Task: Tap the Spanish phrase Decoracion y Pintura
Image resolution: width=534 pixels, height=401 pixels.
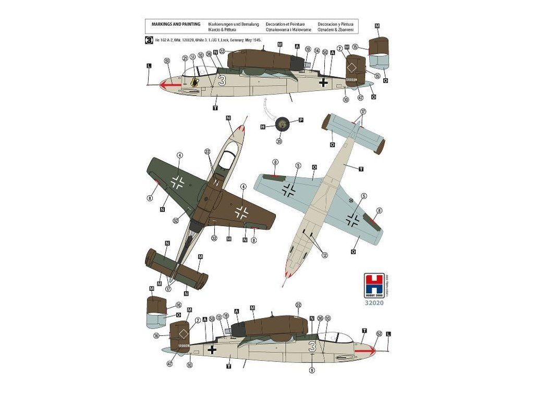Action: [x=335, y=25]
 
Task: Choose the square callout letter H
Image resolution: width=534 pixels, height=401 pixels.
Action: [x=263, y=126]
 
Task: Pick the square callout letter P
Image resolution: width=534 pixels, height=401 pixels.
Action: [x=301, y=120]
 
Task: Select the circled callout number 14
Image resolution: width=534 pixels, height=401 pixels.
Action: [x=317, y=51]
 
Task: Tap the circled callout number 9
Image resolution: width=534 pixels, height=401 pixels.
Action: [x=312, y=370]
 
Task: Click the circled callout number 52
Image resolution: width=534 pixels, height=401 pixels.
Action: [x=379, y=333]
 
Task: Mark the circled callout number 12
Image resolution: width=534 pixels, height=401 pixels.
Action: [x=325, y=254]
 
